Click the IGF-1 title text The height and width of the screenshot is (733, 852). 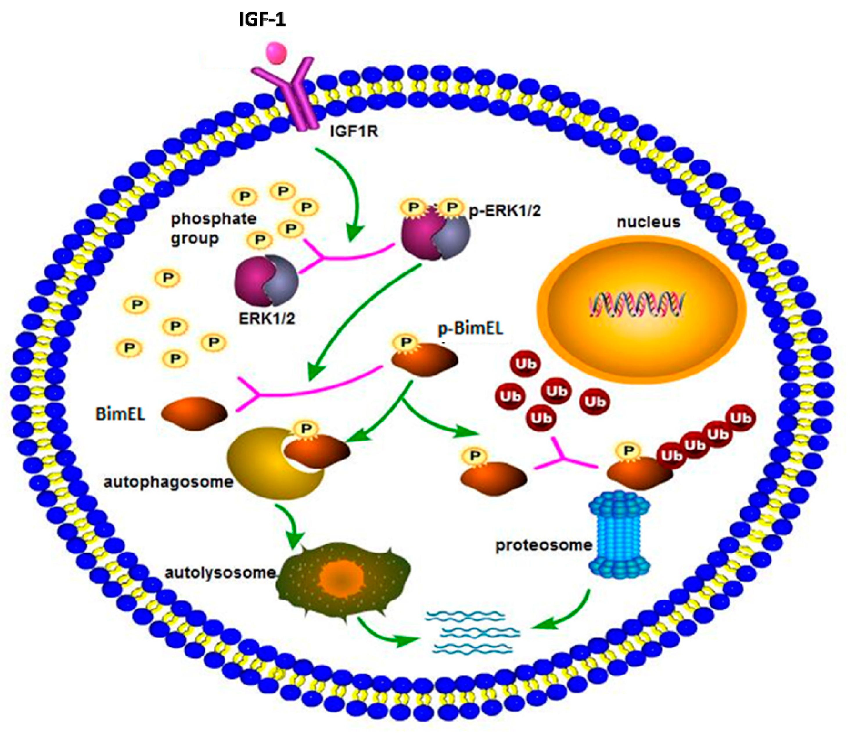tap(262, 20)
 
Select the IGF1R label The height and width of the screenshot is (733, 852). tap(354, 132)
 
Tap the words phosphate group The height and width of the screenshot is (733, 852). tap(213, 228)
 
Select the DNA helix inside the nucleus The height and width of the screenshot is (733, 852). tap(637, 305)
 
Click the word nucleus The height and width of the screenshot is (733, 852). tap(648, 222)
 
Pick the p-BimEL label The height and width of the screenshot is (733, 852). tap(470, 329)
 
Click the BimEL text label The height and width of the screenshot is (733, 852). tap(120, 414)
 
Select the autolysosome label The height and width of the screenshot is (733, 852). tap(220, 573)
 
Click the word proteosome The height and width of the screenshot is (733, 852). tap(544, 545)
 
